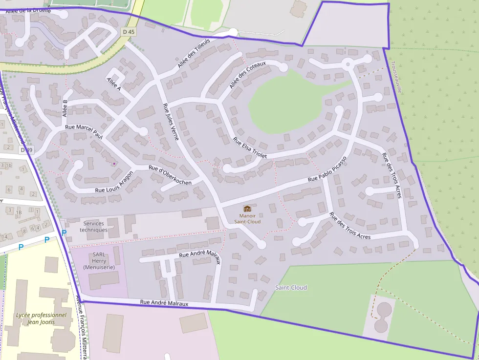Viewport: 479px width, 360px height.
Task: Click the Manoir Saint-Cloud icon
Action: pyautogui.click(x=247, y=209)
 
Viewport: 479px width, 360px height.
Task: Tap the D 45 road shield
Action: pyautogui.click(x=128, y=32)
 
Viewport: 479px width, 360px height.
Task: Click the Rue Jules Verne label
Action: pyautogui.click(x=171, y=122)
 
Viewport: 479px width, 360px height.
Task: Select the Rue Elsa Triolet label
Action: pyautogui.click(x=250, y=148)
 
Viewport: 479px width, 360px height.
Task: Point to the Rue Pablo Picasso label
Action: pyautogui.click(x=327, y=169)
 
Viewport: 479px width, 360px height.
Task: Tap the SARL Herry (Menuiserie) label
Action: pyautogui.click(x=99, y=261)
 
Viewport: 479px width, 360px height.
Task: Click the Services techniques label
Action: pyautogui.click(x=93, y=227)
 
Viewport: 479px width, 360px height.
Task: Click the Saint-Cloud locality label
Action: pyautogui.click(x=291, y=288)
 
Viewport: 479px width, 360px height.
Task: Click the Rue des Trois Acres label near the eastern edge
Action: pyautogui.click(x=392, y=175)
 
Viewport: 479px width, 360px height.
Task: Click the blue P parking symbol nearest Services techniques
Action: pyautogui.click(x=64, y=233)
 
